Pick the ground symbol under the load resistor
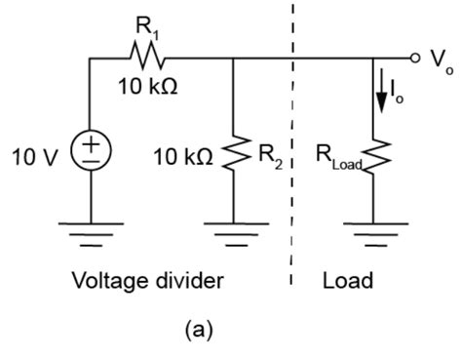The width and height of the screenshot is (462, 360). coord(375,232)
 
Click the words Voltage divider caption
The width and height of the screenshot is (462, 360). coord(149,281)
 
